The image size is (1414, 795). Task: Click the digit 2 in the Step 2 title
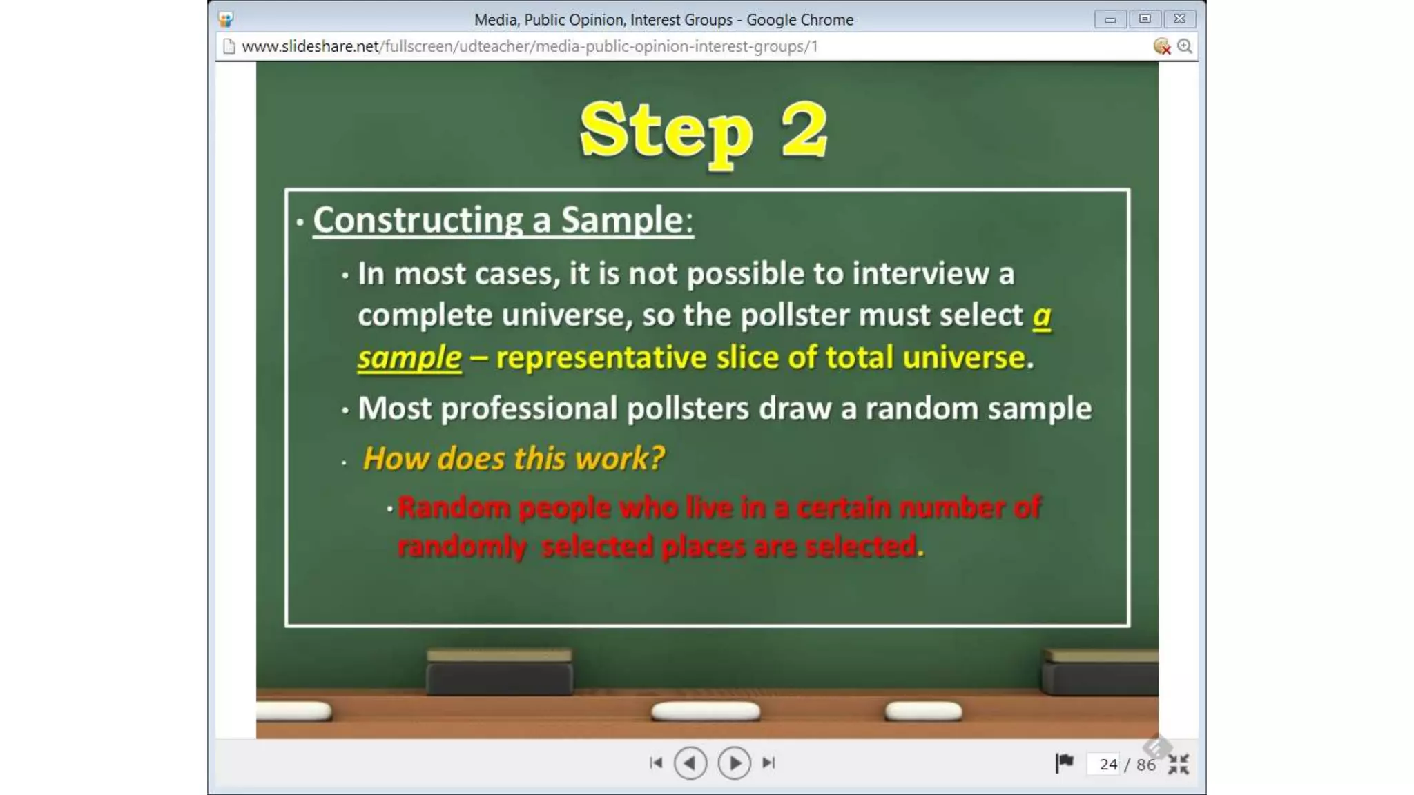click(804, 130)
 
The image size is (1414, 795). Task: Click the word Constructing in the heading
click(418, 220)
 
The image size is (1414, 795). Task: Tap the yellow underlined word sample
click(409, 357)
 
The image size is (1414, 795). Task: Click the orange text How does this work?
click(513, 458)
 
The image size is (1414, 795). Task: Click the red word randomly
click(461, 547)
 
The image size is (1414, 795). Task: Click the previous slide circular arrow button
click(690, 763)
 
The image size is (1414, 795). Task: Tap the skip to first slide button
click(656, 763)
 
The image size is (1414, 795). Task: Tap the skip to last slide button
click(768, 763)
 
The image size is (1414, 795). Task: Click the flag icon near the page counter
click(1064, 763)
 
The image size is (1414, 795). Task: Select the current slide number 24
click(1108, 765)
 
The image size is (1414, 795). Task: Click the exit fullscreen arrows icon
click(1179, 764)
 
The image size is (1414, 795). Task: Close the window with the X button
click(1179, 19)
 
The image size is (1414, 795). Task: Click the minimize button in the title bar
click(1110, 19)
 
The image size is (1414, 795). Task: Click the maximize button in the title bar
click(1145, 19)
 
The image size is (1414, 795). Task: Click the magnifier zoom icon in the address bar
click(1185, 46)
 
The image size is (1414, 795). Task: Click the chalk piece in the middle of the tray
click(705, 711)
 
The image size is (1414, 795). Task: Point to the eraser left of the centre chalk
click(499, 672)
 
